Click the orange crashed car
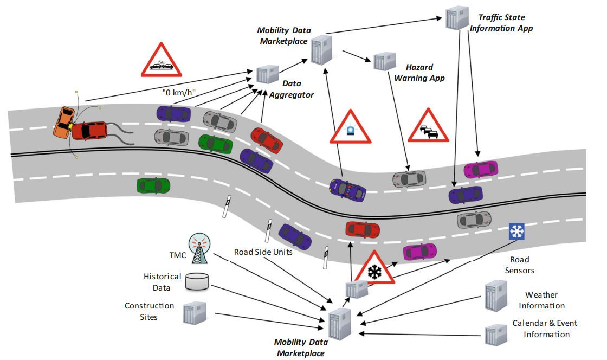click(63, 122)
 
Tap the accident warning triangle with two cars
click(160, 61)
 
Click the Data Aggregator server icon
click(267, 74)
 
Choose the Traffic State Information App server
click(456, 19)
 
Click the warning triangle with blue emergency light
click(352, 128)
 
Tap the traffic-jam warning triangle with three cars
click(428, 128)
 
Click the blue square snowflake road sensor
click(517, 232)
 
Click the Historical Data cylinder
click(197, 281)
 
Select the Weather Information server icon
click(495, 295)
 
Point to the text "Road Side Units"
click(263, 252)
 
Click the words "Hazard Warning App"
click(419, 73)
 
